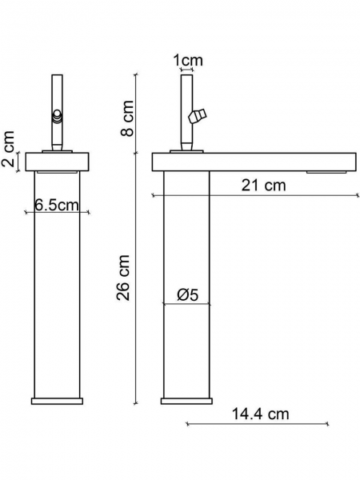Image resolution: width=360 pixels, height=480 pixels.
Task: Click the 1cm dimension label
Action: tap(188, 60)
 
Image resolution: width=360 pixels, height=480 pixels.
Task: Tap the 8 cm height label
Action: tap(127, 118)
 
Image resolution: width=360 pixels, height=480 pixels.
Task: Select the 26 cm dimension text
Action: tap(123, 278)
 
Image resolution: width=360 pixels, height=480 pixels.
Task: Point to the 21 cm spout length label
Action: tap(263, 186)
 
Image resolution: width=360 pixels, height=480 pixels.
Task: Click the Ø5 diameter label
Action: tap(188, 294)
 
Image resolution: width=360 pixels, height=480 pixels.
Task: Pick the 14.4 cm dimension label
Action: tap(260, 414)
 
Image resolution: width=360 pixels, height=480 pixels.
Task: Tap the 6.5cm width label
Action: tap(57, 205)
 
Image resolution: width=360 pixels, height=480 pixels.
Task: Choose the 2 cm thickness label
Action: tap(8, 149)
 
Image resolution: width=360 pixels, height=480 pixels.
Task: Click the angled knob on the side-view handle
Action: tap(198, 116)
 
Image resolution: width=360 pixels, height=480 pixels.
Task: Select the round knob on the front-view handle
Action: tap(57, 116)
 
